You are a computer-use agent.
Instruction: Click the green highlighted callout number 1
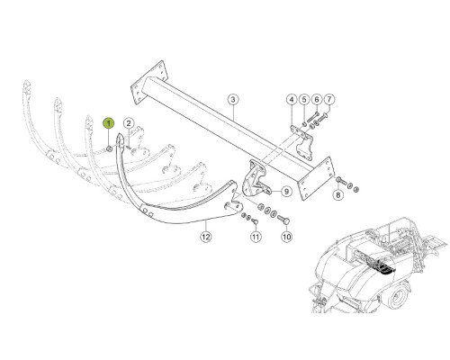tap(109, 123)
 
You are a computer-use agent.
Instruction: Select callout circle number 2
tap(129, 123)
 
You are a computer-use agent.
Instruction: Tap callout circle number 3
tap(233, 99)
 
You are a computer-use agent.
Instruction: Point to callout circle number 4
tap(292, 99)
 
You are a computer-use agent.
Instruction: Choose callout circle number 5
tap(304, 99)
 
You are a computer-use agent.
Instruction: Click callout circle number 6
tap(317, 99)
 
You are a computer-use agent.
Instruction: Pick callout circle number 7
tap(329, 99)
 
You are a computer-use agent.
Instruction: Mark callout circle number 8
tap(338, 195)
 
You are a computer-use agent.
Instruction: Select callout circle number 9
tap(286, 191)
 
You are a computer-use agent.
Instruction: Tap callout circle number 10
tap(286, 237)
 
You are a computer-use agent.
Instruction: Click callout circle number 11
tap(256, 237)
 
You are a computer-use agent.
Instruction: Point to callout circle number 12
tap(206, 237)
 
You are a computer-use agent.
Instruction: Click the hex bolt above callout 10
tap(283, 220)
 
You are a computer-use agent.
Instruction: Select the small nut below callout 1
tap(110, 148)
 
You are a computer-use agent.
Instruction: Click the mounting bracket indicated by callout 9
tap(254, 179)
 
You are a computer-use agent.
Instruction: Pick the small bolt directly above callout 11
tap(255, 221)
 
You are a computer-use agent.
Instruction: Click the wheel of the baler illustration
tap(398, 295)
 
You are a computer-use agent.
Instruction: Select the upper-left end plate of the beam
tap(148, 82)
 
